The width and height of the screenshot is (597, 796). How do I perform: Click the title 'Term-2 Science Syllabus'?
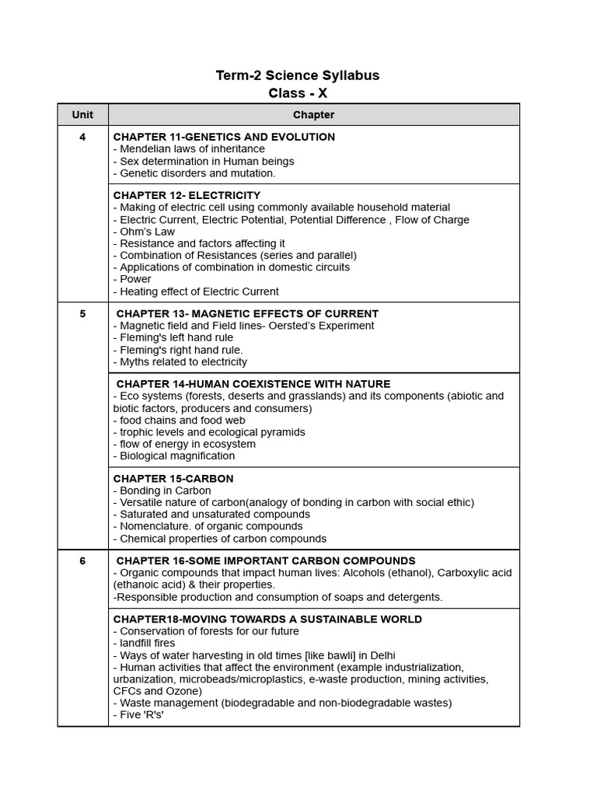pos(298,75)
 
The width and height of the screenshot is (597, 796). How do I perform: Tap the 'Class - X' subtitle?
pos(298,93)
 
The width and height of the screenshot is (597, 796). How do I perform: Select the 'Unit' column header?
pos(82,115)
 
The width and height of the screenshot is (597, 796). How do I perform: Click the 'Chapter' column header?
pos(313,115)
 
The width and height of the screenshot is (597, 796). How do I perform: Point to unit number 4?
pos(82,137)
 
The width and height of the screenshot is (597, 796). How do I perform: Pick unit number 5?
pos(82,314)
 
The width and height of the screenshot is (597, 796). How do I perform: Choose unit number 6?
pos(82,561)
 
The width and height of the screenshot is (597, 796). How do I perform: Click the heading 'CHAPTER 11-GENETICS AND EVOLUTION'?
pos(224,137)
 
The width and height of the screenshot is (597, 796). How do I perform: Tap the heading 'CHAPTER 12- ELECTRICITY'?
pos(187,195)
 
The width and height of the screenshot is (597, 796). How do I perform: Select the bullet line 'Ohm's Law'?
pos(147,232)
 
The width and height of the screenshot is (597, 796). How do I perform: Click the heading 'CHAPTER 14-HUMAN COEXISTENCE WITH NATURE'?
pos(253,384)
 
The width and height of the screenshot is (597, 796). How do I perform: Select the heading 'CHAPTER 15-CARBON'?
pos(173,479)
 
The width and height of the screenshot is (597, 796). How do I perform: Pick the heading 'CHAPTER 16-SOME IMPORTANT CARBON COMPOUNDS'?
pos(266,561)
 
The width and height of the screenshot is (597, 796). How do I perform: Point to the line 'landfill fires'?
pos(147,644)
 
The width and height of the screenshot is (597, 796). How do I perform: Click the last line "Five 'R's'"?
pos(141,715)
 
